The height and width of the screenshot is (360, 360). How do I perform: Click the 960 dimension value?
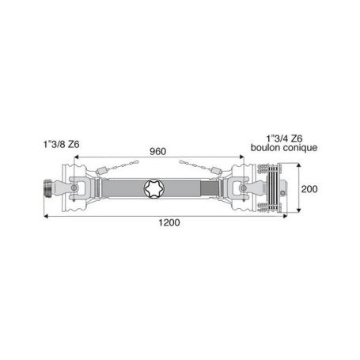pyautogui.click(x=157, y=152)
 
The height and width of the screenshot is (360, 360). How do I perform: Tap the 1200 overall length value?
pyautogui.click(x=169, y=222)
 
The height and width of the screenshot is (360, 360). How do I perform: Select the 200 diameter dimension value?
pyautogui.click(x=309, y=189)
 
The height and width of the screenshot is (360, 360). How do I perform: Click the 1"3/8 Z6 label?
pyautogui.click(x=62, y=145)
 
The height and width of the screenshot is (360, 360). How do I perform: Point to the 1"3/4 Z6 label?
pyautogui.click(x=284, y=138)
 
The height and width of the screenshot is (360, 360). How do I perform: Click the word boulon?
pyautogui.click(x=266, y=147)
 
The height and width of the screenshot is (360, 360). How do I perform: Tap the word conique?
pyautogui.click(x=300, y=148)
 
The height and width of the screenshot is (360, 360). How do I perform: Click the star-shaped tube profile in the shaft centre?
pyautogui.click(x=153, y=188)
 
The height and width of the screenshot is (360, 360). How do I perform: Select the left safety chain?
pyautogui.click(x=117, y=167)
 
